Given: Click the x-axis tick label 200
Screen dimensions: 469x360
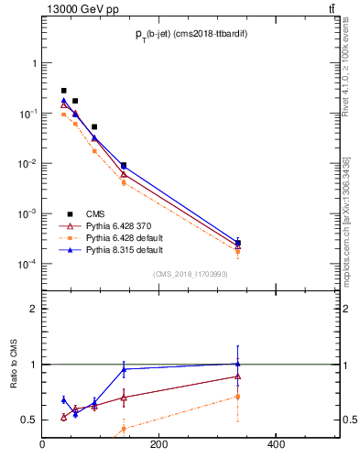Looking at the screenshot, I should tap(158, 446).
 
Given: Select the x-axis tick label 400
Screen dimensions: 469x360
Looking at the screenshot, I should tap(275, 446).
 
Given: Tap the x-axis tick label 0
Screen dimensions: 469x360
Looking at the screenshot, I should tap(42, 446).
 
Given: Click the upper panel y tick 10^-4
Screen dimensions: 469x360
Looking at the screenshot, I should tap(28, 265).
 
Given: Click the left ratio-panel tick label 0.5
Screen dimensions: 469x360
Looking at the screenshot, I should tap(29, 420).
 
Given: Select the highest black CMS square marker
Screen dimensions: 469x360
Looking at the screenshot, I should tap(63, 91).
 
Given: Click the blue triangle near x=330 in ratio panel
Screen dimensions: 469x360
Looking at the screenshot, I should tap(238, 364).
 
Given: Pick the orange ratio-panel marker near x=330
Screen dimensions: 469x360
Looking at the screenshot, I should tap(238, 397).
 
